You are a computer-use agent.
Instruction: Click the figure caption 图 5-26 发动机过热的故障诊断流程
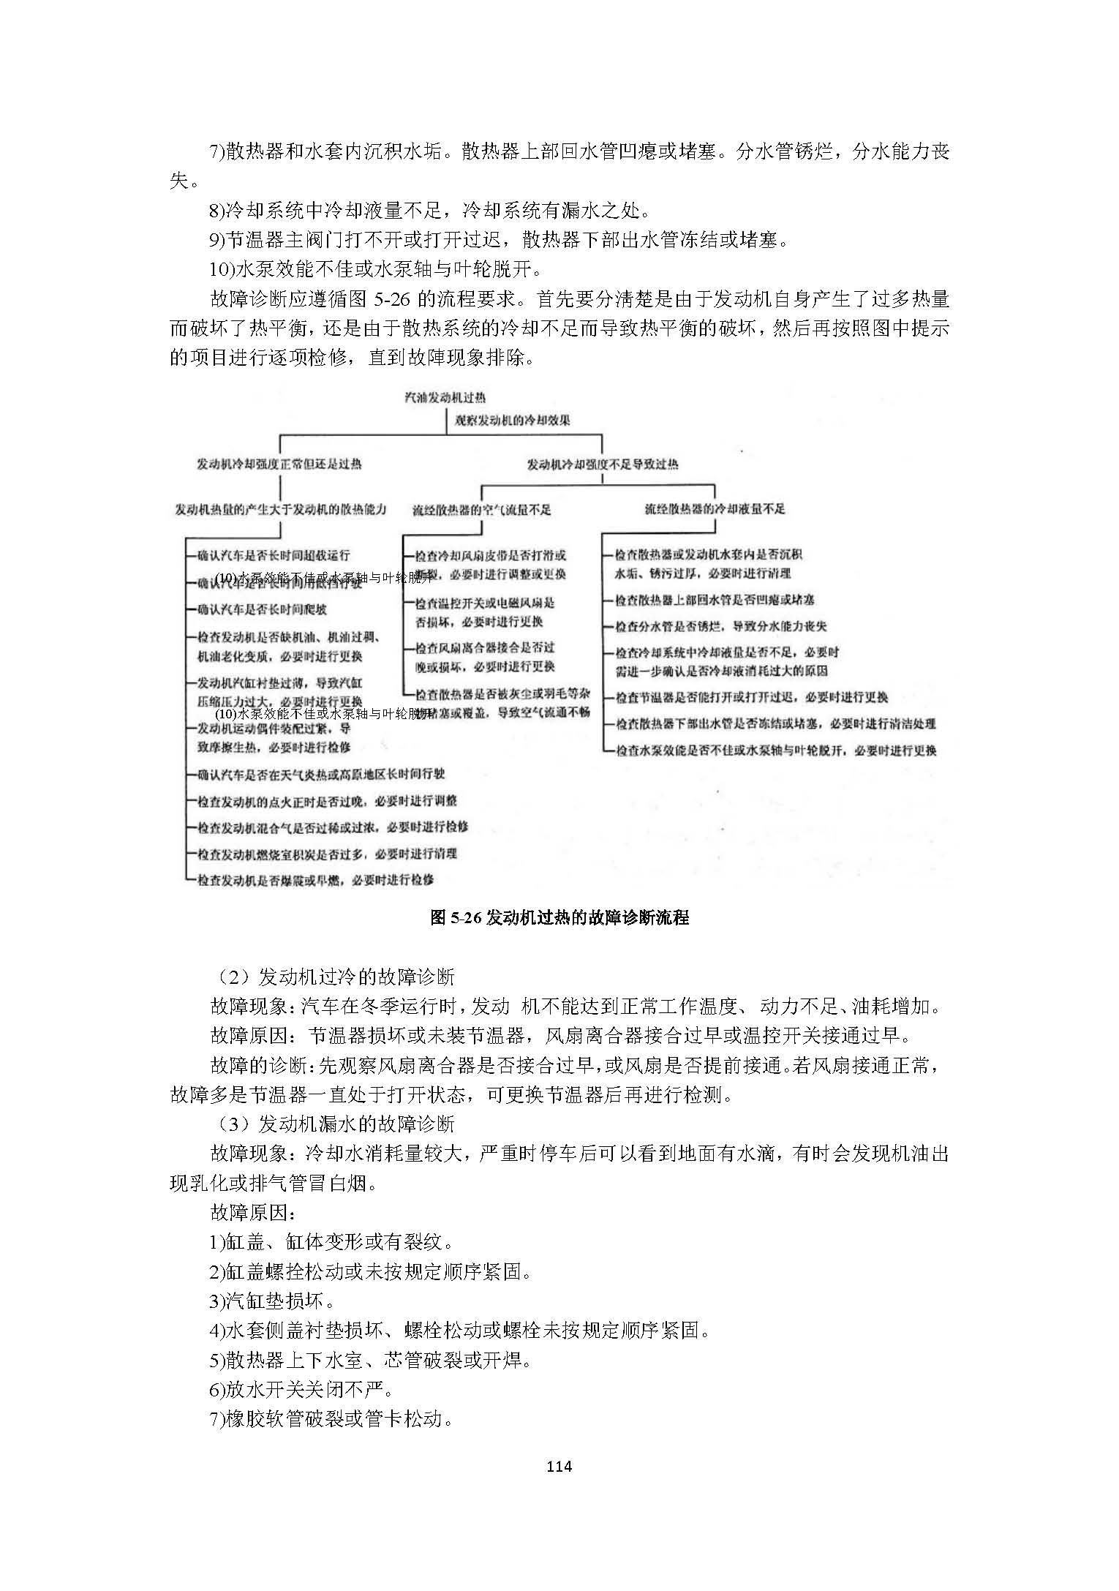point(559,917)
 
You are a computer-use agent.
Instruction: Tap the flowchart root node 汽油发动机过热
point(445,398)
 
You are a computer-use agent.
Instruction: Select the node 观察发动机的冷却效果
point(512,420)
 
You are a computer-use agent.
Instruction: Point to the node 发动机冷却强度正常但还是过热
point(279,464)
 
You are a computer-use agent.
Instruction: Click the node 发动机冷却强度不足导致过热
point(603,464)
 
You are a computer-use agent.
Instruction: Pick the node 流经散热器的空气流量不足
point(481,510)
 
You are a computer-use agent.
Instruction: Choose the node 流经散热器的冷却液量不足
point(715,508)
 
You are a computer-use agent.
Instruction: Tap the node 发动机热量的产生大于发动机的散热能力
point(281,510)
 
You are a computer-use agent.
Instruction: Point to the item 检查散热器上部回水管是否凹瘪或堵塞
point(715,600)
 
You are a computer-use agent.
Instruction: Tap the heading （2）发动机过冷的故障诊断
point(333,977)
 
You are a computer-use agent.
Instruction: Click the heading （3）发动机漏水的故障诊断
point(333,1124)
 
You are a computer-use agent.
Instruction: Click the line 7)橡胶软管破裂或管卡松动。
point(331,1419)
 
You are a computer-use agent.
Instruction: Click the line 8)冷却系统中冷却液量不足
point(430,211)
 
